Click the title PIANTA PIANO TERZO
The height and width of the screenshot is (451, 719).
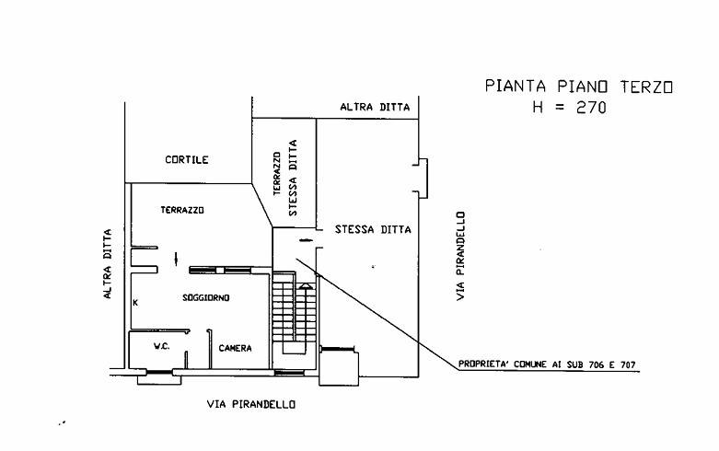[x=579, y=87]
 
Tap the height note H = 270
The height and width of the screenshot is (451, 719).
[x=569, y=107]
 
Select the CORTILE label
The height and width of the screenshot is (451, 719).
[x=187, y=160]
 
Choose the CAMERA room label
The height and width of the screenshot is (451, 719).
[x=236, y=348]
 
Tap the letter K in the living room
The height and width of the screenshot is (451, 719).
[x=135, y=302]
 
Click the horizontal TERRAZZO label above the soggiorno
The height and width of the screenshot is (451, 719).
[x=182, y=210]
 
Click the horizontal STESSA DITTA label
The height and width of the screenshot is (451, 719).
[x=373, y=229]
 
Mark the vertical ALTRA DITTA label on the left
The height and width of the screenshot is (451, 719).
[x=108, y=264]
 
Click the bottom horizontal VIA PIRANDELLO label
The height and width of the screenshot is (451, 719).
[x=250, y=404]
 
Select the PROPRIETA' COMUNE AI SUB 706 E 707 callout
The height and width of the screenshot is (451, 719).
[x=548, y=364]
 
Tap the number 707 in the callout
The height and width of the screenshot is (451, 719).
[x=628, y=364]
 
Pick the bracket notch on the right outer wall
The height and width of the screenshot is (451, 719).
[x=421, y=177]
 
